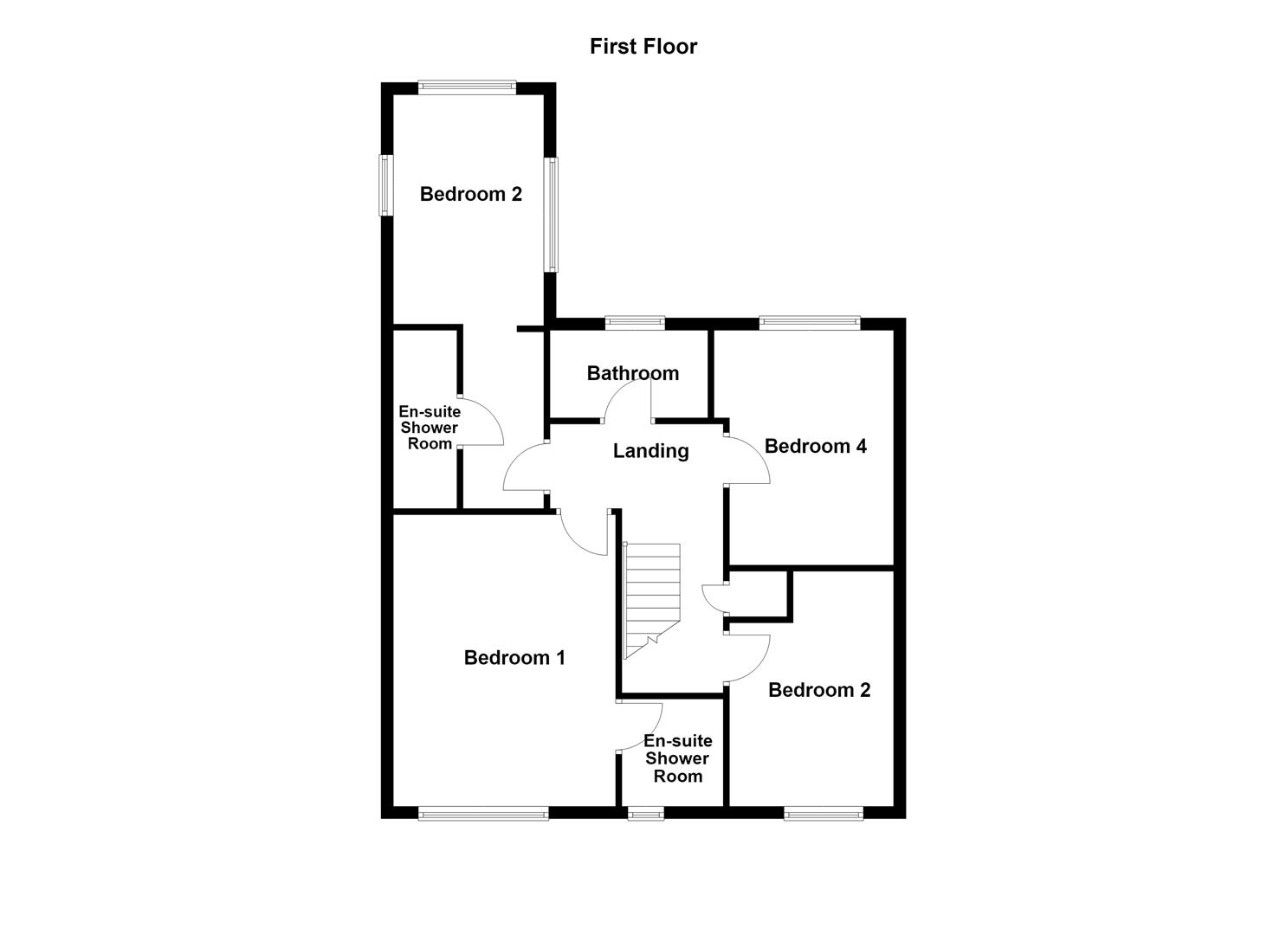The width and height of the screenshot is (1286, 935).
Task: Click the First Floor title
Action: pos(643,47)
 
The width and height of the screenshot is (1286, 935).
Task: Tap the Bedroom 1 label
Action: pos(514,658)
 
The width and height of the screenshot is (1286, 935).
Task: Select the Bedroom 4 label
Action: pos(815,446)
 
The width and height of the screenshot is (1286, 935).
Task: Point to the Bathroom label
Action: pos(633,374)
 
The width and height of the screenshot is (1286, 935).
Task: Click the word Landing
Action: pos(650,451)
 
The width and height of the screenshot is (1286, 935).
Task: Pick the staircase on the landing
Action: pos(651,600)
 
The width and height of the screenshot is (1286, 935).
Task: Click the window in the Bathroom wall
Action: pos(635,323)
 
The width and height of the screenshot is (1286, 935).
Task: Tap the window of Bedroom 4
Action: pos(810,323)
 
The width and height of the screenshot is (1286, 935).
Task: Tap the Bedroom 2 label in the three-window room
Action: pos(471,195)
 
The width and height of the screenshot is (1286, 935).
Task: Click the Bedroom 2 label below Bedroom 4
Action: pos(819,690)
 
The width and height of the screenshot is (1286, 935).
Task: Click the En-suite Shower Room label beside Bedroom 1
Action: pos(677,758)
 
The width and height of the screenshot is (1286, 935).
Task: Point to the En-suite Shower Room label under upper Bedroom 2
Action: pos(430,428)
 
